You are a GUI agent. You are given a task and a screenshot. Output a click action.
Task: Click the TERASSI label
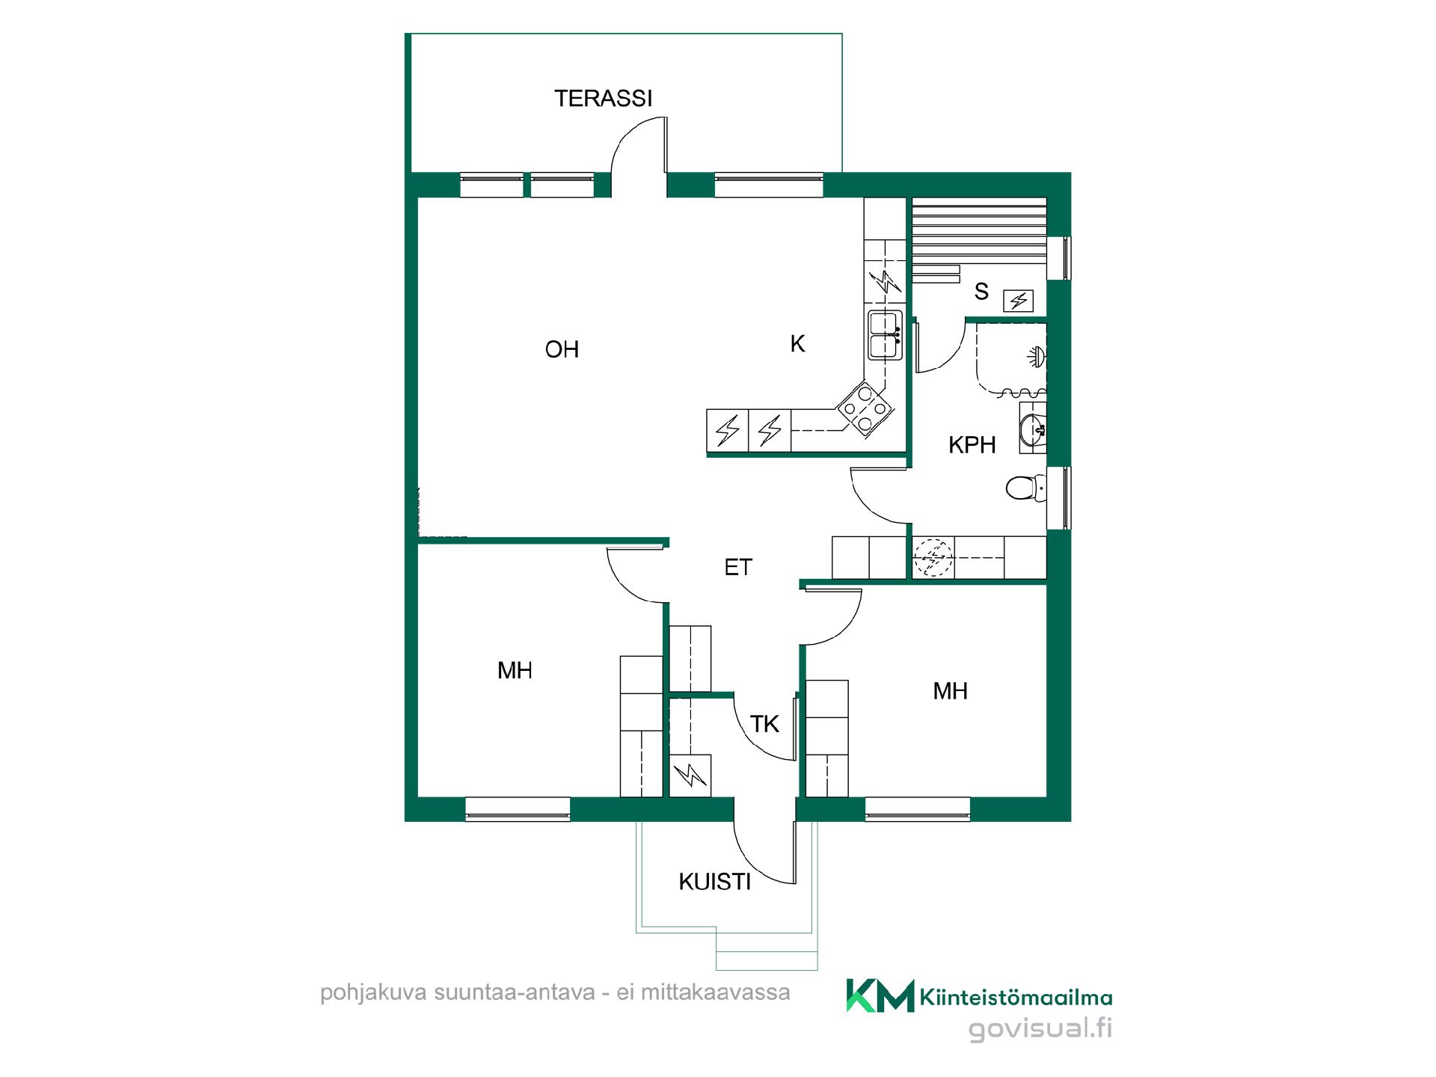pyautogui.click(x=603, y=98)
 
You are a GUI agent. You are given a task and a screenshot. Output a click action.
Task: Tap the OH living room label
pyautogui.click(x=562, y=349)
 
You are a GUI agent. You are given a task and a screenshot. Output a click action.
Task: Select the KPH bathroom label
pyautogui.click(x=972, y=445)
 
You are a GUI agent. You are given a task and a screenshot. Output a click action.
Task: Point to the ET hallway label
pyautogui.click(x=737, y=568)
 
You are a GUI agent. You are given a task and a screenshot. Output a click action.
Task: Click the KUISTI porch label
pyautogui.click(x=714, y=882)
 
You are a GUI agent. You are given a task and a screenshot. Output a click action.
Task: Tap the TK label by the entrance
pyautogui.click(x=764, y=724)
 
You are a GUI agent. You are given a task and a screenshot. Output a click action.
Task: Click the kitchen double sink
pyautogui.click(x=885, y=334)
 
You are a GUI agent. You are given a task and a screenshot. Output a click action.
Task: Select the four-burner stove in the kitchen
pyautogui.click(x=865, y=408)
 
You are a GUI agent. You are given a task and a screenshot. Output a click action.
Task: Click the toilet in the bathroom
pyautogui.click(x=1025, y=488)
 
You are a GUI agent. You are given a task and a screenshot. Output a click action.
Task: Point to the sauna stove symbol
pyautogui.click(x=1018, y=301)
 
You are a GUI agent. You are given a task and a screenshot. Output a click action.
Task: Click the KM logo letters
pyautogui.click(x=880, y=995)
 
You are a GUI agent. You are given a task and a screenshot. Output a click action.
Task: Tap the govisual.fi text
pyautogui.click(x=1040, y=1028)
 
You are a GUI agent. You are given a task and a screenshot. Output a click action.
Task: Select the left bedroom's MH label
pyautogui.click(x=515, y=670)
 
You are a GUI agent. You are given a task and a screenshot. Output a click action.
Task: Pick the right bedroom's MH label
pyautogui.click(x=950, y=691)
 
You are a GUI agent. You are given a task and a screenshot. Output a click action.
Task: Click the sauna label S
pyautogui.click(x=981, y=292)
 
